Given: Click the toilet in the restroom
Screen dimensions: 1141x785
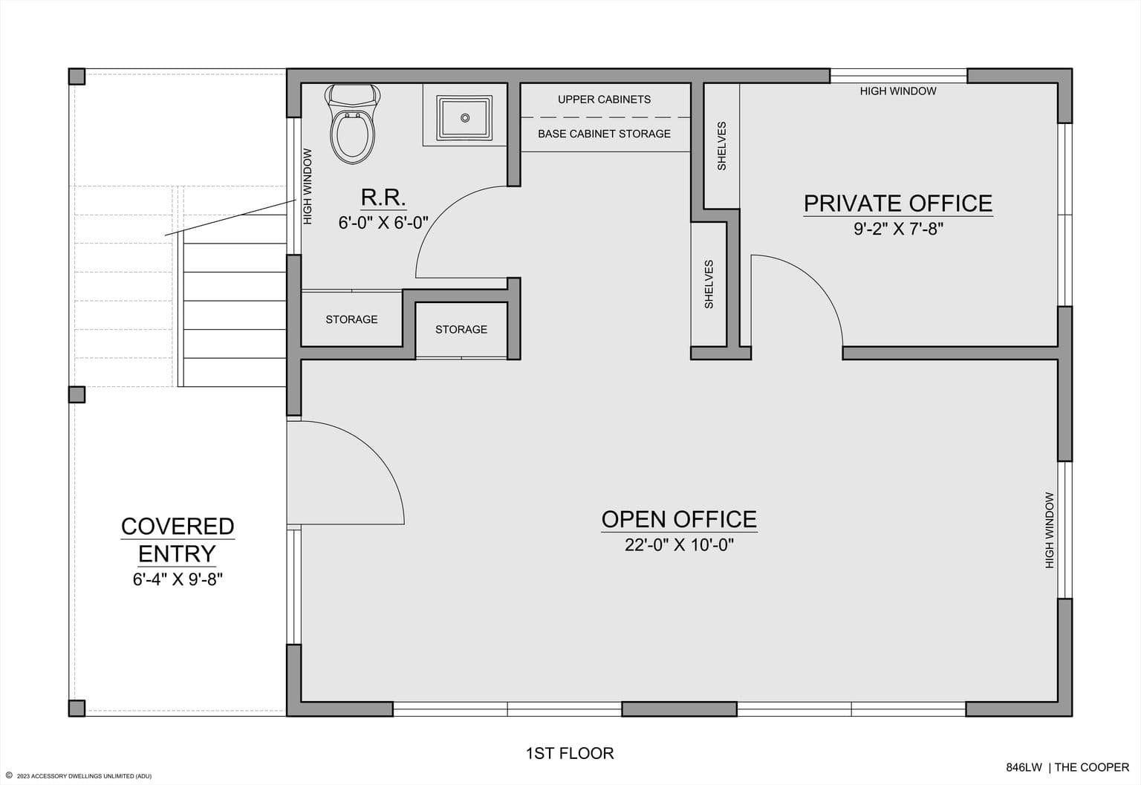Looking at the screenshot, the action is [x=353, y=124].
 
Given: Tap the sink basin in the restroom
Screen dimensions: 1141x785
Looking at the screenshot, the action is [x=464, y=117].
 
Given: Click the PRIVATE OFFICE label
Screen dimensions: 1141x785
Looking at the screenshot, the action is [x=898, y=203].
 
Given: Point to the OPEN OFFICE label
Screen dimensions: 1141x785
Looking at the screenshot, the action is [x=679, y=519].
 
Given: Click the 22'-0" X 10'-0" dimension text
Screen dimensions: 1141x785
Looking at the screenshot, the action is [x=679, y=545].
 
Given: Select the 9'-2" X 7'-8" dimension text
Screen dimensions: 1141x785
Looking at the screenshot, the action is [x=899, y=229].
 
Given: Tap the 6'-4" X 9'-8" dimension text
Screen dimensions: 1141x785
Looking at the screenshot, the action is [x=178, y=579].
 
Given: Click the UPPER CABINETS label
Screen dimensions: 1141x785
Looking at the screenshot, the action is [x=604, y=100].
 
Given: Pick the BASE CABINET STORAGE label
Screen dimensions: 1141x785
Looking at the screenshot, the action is [x=604, y=134].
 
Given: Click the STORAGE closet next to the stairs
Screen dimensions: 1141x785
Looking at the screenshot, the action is [x=351, y=319].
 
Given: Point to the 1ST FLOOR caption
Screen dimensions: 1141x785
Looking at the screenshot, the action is [x=570, y=753].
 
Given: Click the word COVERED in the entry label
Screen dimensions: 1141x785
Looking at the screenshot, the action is [x=178, y=527].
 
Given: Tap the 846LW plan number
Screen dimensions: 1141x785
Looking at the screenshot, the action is [x=1024, y=767].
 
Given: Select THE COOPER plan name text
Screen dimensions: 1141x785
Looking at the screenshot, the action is [x=1091, y=767].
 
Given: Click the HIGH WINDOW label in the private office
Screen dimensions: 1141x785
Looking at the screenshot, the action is [x=898, y=91].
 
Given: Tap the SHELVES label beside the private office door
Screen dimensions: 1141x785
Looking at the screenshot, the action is [x=709, y=284].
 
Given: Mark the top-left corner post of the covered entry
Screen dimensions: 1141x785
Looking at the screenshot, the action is [x=77, y=76].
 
